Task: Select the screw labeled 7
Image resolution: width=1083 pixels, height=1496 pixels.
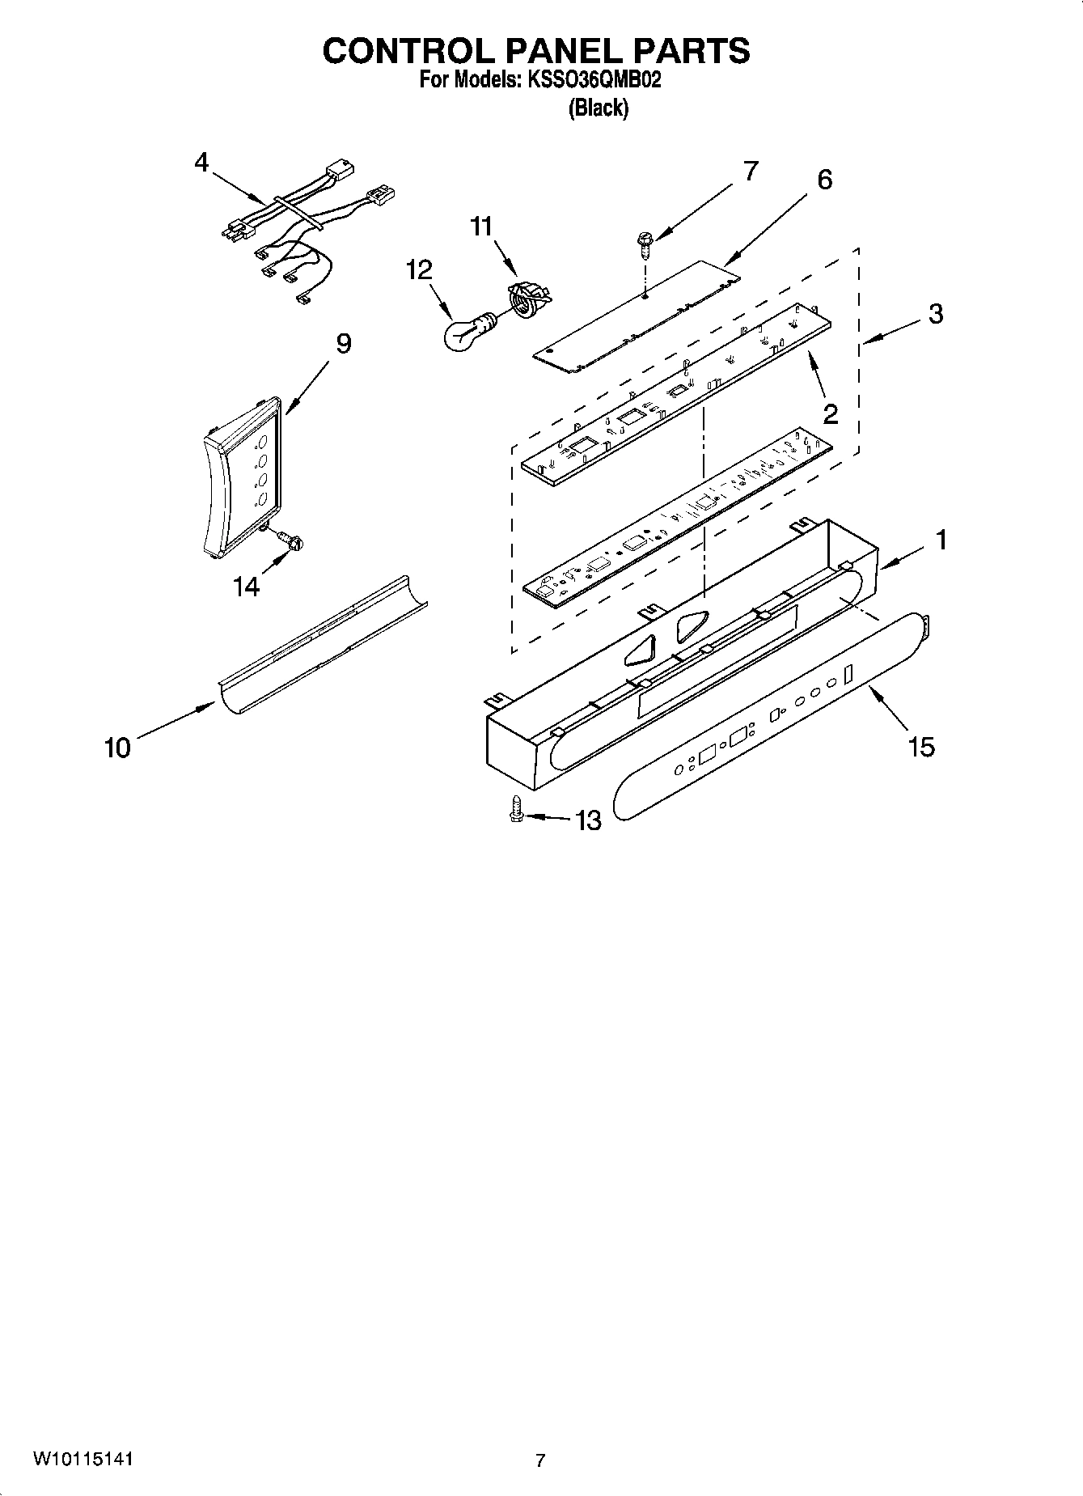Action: coord(644,244)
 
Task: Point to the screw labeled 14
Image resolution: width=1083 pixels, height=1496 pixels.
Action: coord(291,540)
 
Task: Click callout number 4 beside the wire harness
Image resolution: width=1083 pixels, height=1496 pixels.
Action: coord(201,163)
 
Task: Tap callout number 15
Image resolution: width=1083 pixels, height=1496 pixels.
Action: coord(921,746)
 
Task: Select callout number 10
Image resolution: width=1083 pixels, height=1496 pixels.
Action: coord(117,748)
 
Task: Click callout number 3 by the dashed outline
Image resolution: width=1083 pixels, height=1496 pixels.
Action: coord(935,314)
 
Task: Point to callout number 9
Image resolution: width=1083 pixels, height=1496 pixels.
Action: coord(343,344)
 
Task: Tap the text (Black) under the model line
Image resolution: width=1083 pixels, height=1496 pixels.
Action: coord(598,108)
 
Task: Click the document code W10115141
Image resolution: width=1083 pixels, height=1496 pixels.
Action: coord(82,1458)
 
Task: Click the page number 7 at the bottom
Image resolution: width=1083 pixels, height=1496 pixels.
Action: coord(540,1460)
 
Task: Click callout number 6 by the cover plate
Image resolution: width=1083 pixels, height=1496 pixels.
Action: coord(824,179)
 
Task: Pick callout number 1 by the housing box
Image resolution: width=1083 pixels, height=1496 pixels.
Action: coord(941,540)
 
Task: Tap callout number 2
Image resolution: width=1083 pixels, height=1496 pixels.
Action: coord(830,414)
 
